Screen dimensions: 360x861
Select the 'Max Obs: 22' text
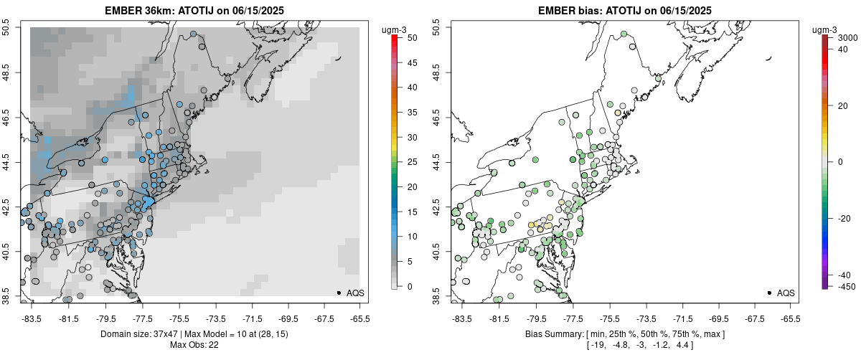pos(194,345)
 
